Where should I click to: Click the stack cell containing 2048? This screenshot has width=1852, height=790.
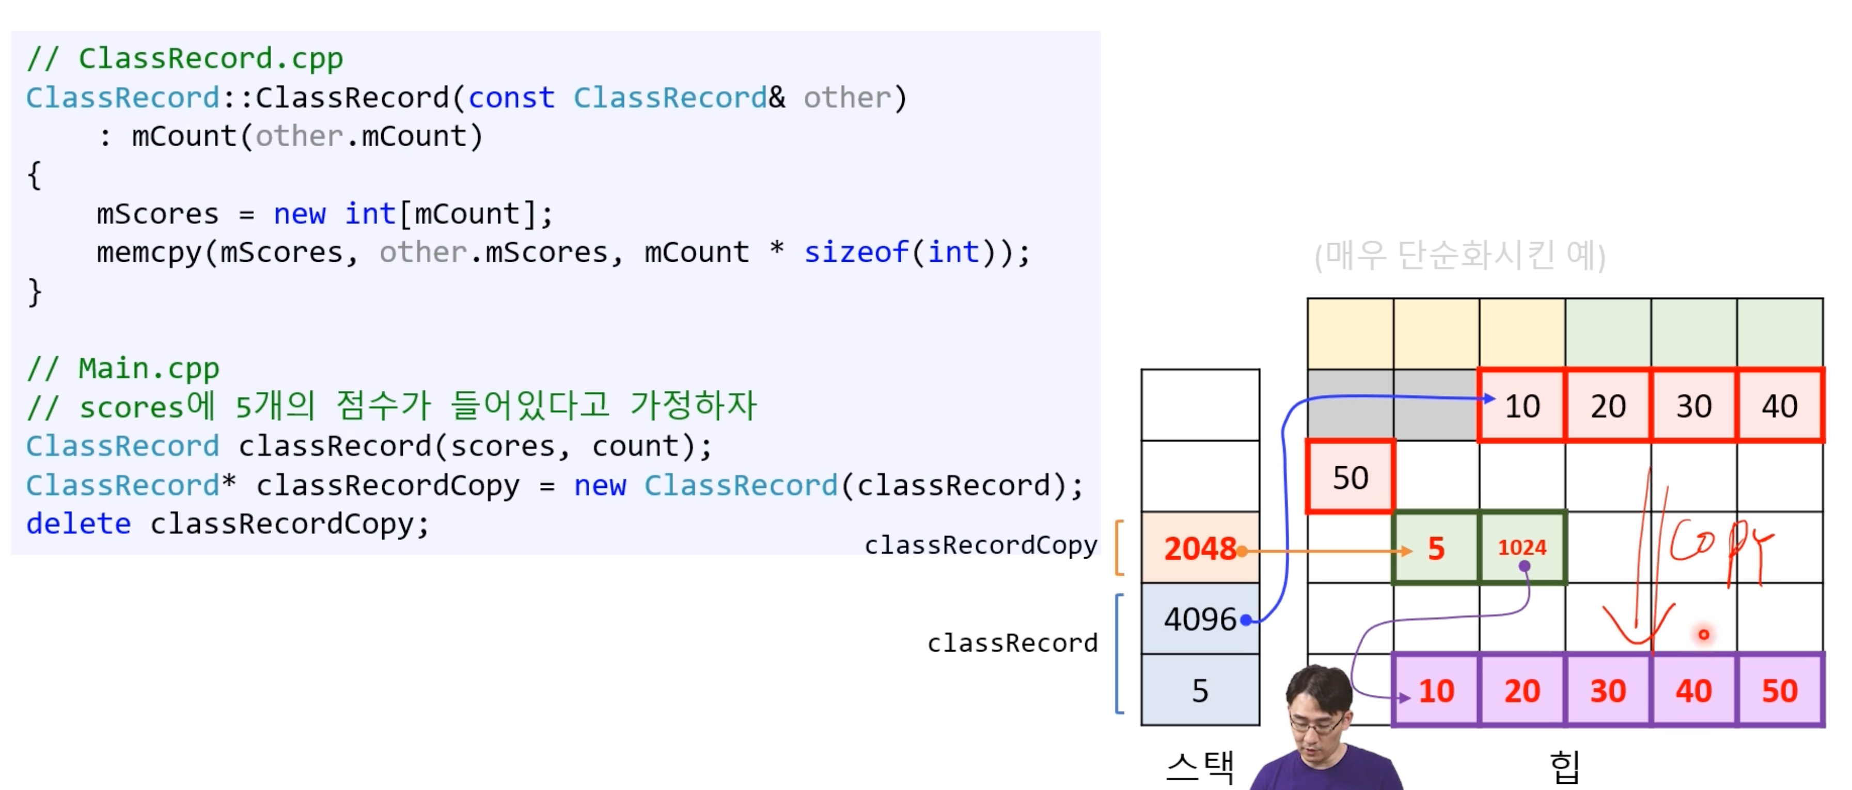click(x=1199, y=548)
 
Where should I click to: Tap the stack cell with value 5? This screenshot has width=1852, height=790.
click(x=1199, y=690)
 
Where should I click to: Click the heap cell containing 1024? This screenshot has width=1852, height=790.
click(x=1522, y=548)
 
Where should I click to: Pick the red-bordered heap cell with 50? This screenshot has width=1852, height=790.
click(x=1350, y=477)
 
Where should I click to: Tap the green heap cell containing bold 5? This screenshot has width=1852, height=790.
click(x=1436, y=548)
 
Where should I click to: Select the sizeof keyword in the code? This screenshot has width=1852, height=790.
click(x=856, y=253)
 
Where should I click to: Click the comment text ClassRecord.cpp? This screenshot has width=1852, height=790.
click(x=210, y=59)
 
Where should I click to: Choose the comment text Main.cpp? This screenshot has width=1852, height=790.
click(x=148, y=369)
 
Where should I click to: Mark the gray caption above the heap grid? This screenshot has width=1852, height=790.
click(x=1459, y=255)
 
